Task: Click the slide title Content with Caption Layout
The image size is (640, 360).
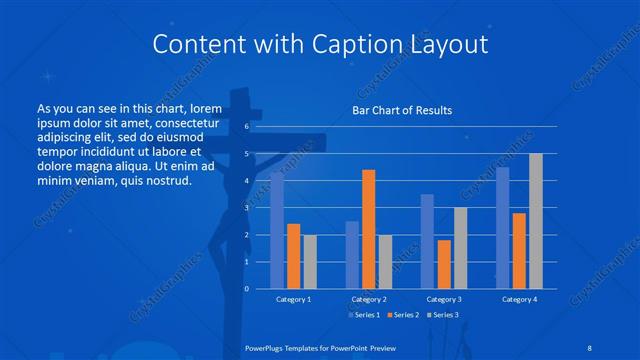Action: tap(319, 45)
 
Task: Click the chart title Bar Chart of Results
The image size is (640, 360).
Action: tap(401, 110)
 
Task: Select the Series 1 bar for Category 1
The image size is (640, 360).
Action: tap(277, 231)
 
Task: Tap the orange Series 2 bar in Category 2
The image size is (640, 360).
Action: tap(368, 229)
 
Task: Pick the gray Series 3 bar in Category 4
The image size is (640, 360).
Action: tap(535, 221)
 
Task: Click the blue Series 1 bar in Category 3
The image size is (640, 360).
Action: tap(427, 241)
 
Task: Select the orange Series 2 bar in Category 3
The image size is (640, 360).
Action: tap(443, 264)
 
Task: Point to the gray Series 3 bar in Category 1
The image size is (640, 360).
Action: tap(309, 262)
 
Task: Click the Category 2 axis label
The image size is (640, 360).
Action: tap(368, 299)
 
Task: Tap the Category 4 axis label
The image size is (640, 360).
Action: tap(519, 299)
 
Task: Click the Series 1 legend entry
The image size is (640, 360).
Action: tap(364, 315)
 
